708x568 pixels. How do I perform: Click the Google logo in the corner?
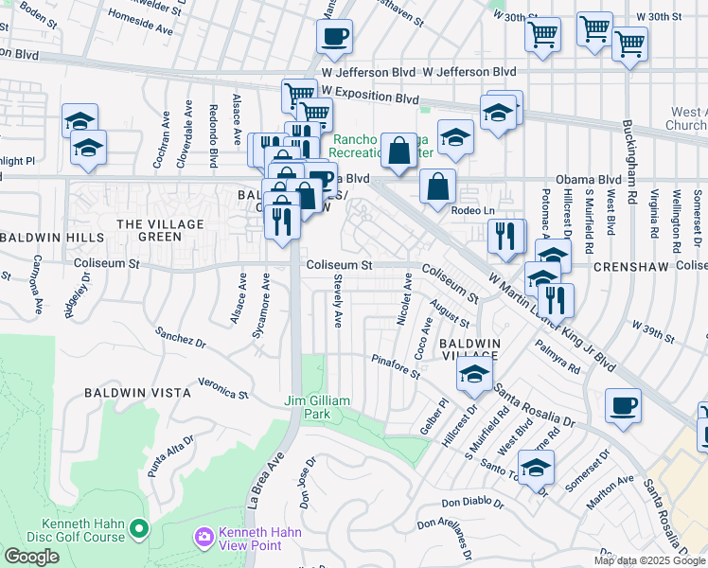(31, 557)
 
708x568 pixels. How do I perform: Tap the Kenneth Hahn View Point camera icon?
(204, 538)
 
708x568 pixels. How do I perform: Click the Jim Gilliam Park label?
(317, 407)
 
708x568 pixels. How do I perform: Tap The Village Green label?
(147, 229)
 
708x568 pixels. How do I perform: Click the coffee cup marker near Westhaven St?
(334, 38)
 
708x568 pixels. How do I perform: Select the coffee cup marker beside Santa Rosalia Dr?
(623, 405)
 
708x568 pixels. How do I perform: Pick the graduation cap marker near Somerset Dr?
(536, 467)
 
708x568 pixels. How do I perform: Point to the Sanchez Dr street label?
(182, 338)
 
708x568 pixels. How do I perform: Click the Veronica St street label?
(222, 392)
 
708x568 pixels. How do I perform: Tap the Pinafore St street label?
(396, 366)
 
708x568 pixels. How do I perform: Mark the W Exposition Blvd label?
(370, 98)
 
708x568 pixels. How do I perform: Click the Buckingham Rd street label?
(628, 161)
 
